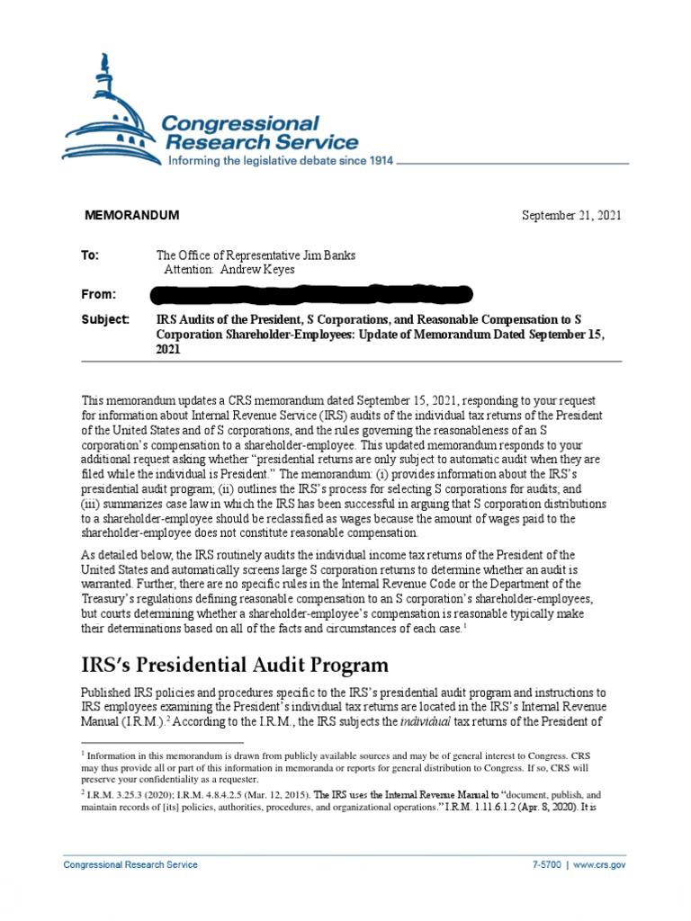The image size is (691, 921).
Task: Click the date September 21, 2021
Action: click(571, 215)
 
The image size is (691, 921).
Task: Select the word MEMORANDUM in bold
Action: click(131, 215)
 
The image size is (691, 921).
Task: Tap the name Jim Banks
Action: click(328, 255)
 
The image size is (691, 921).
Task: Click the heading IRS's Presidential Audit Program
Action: click(235, 666)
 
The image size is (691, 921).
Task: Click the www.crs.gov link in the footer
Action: click(599, 864)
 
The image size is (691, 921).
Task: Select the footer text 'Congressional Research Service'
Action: click(130, 864)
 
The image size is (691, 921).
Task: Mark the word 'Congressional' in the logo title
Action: click(238, 122)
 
